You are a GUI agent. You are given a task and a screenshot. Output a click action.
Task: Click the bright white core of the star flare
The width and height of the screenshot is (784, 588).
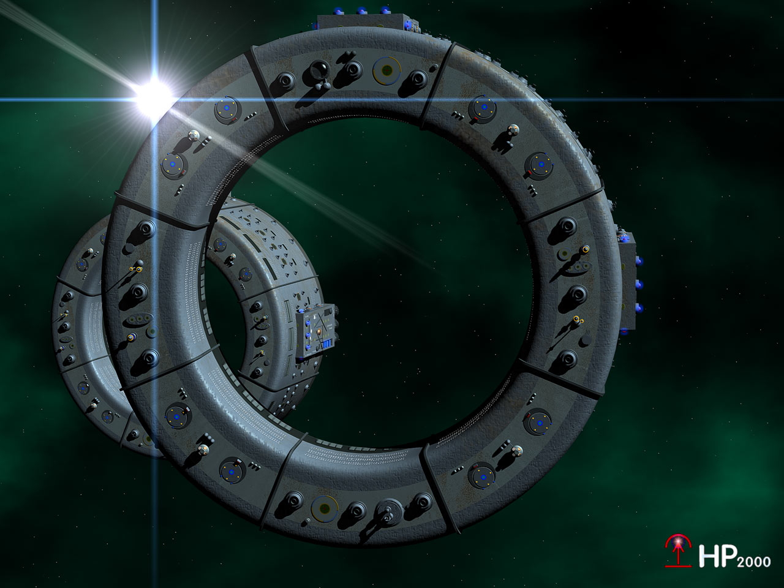click(154, 95)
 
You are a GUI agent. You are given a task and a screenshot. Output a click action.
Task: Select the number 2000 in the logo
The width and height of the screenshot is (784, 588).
click(754, 562)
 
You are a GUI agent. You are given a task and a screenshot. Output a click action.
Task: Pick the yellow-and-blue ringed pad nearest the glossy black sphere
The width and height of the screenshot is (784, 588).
click(387, 71)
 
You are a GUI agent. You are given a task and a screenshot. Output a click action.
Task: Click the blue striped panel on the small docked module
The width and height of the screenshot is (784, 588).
click(326, 344)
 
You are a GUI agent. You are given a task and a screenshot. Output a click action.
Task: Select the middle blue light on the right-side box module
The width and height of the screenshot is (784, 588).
click(639, 284)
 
